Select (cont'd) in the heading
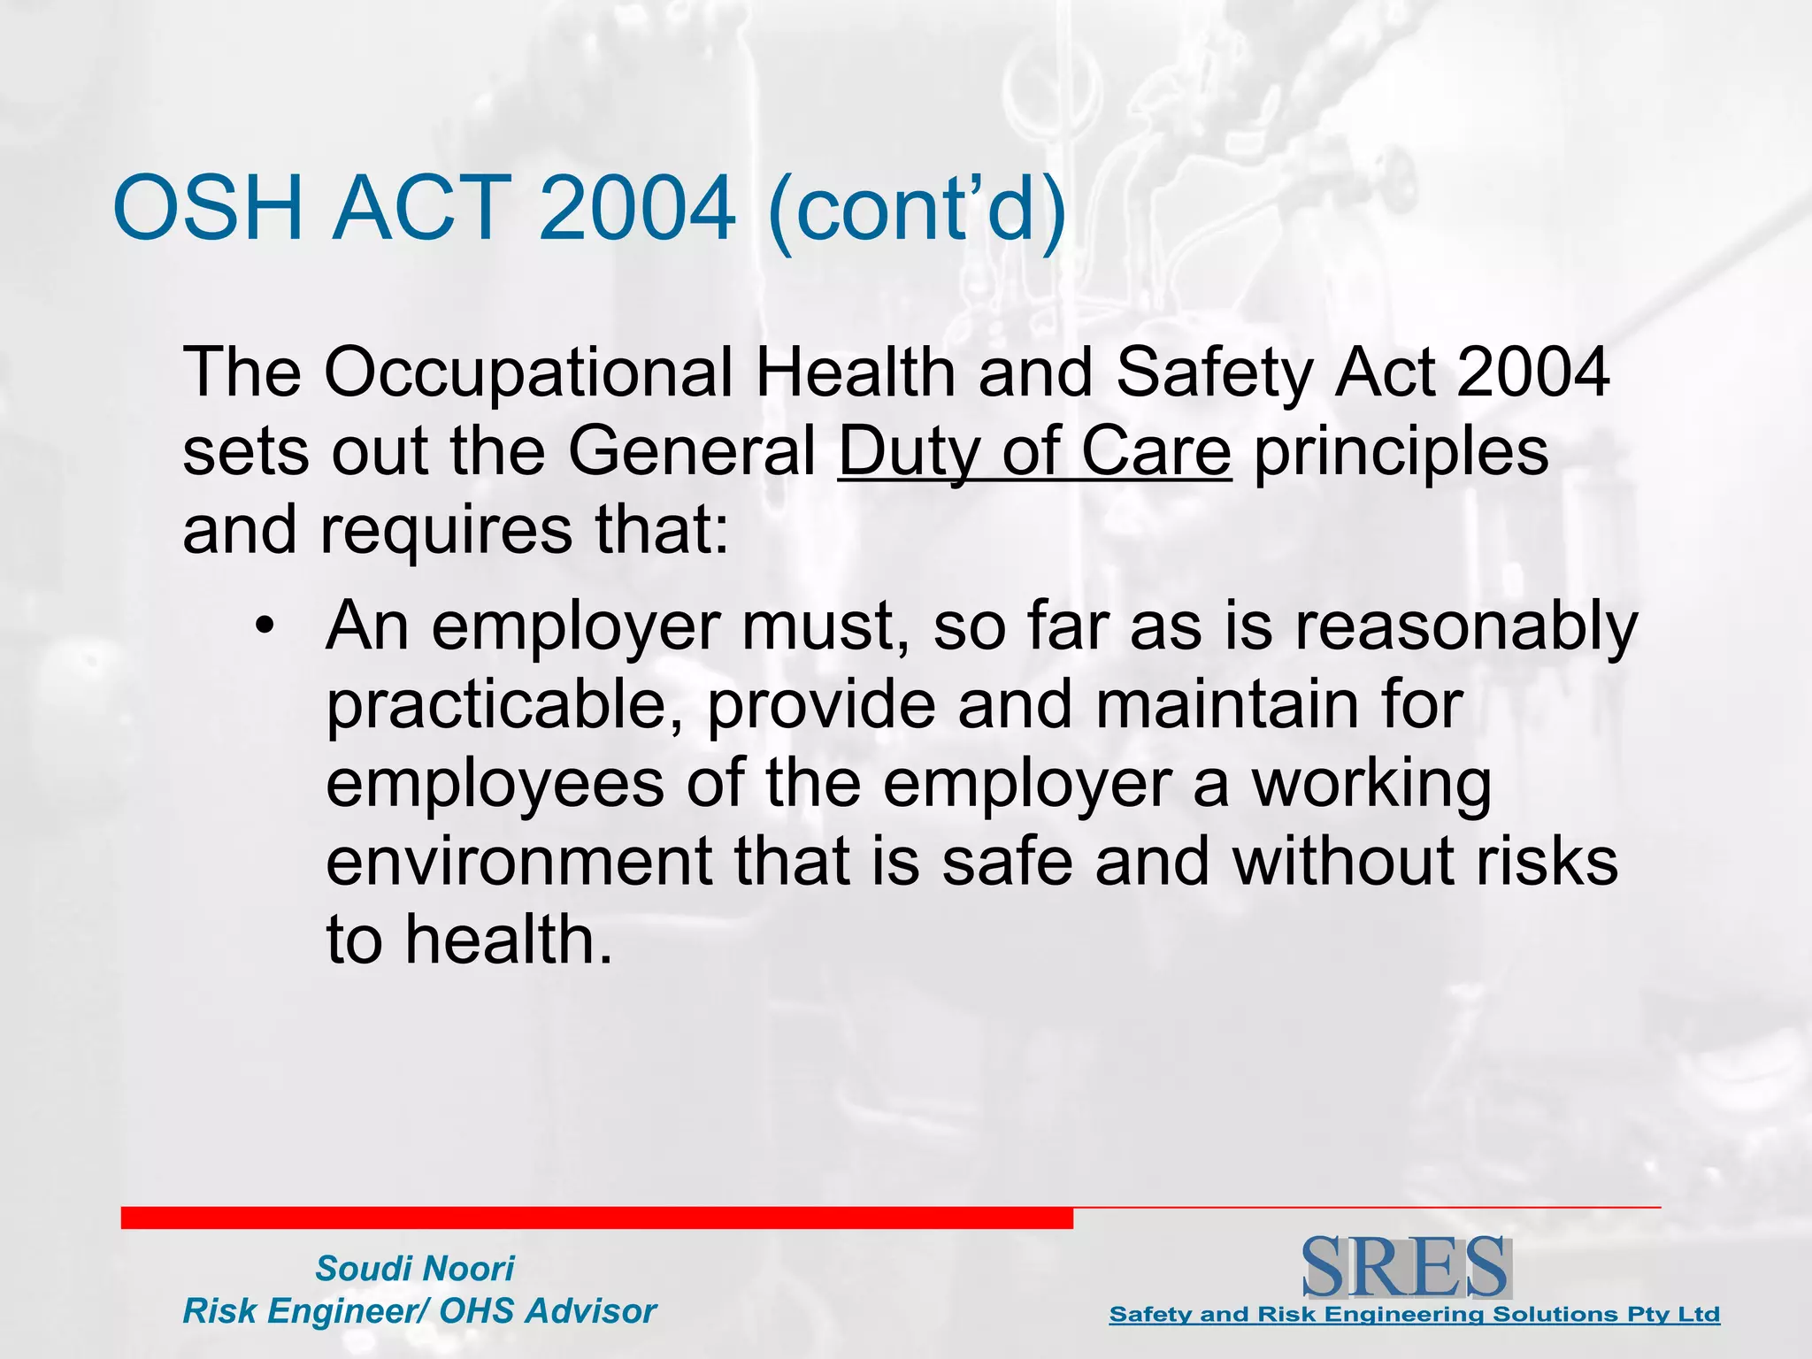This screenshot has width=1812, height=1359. (x=917, y=211)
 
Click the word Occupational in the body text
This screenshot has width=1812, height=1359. (x=528, y=372)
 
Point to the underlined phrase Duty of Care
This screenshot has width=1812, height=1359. (x=1034, y=452)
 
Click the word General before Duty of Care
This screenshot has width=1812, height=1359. (x=691, y=452)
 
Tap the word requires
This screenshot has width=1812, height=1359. (x=445, y=532)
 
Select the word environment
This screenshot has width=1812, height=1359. (x=518, y=862)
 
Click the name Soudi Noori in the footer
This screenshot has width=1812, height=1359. (x=414, y=1269)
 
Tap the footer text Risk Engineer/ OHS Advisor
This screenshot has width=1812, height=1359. (x=419, y=1311)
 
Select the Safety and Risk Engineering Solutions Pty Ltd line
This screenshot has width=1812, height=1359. (x=1414, y=1315)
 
